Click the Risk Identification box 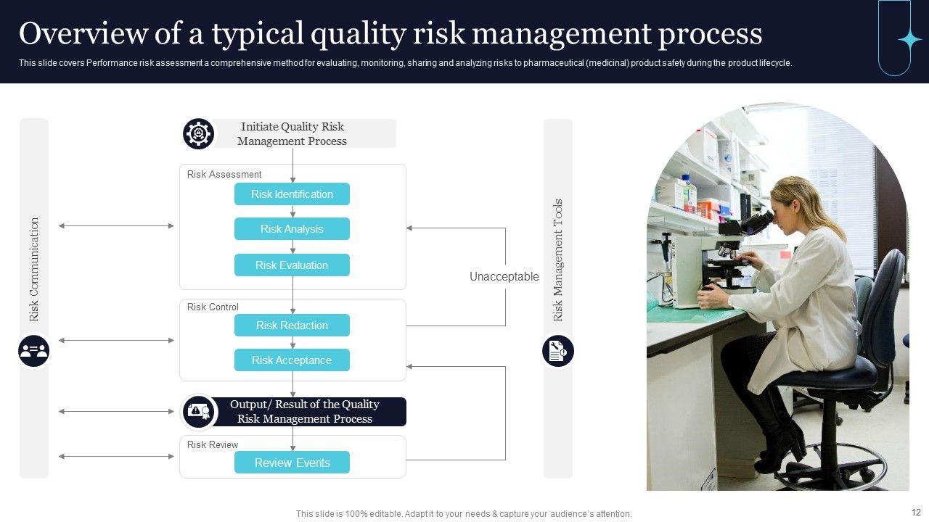(x=292, y=194)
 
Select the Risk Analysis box (x=292, y=229)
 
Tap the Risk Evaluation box (x=292, y=265)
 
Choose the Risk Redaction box (x=292, y=326)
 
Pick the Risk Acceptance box (x=292, y=360)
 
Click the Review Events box (x=292, y=463)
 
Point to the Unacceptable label (x=504, y=276)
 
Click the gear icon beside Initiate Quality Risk (x=198, y=134)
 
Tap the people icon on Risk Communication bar (x=34, y=352)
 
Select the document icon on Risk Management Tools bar (x=557, y=352)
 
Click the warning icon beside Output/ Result (x=199, y=412)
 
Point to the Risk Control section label (x=213, y=307)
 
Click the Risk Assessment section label (x=224, y=175)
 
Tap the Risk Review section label (x=213, y=445)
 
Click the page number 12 (x=916, y=513)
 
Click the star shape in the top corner (x=909, y=40)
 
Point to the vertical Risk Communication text (x=34, y=269)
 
